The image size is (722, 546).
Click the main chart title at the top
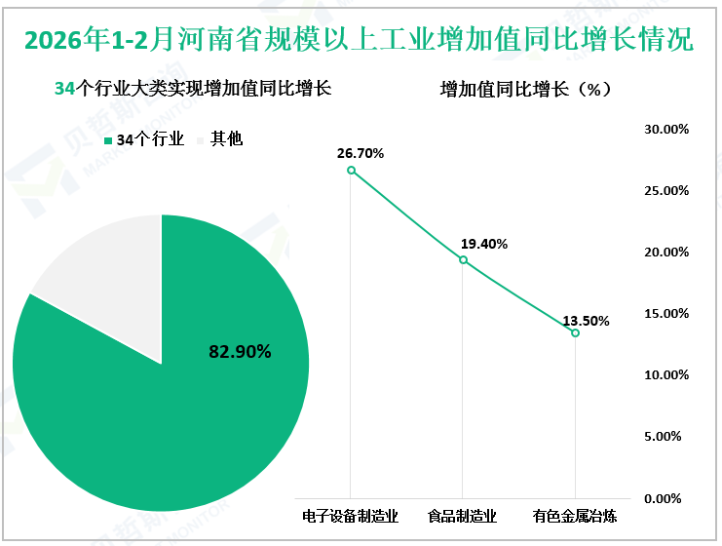361,41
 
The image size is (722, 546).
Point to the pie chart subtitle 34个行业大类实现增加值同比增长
192,89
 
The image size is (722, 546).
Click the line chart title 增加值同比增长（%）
526,89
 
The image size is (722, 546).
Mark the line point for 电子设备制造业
352,171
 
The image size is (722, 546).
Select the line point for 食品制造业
463,260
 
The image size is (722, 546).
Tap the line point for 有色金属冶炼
575,333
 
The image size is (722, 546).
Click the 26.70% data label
361,153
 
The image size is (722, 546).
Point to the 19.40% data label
484,244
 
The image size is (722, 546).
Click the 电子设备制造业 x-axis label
352,516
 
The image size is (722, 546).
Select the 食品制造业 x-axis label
463,516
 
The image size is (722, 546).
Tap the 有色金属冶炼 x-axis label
575,516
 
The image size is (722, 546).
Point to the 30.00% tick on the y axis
667,129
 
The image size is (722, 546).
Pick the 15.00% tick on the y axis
667,314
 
